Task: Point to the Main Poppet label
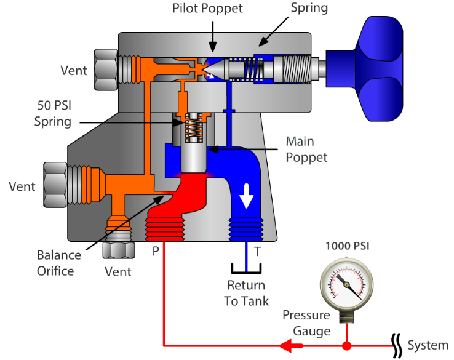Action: tap(306, 150)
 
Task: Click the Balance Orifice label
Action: tap(59, 263)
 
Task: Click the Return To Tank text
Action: tap(246, 293)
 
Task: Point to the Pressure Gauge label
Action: tap(306, 323)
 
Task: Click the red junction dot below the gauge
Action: tap(346, 345)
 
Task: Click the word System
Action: tap(428, 345)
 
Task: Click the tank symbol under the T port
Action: tap(246, 268)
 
